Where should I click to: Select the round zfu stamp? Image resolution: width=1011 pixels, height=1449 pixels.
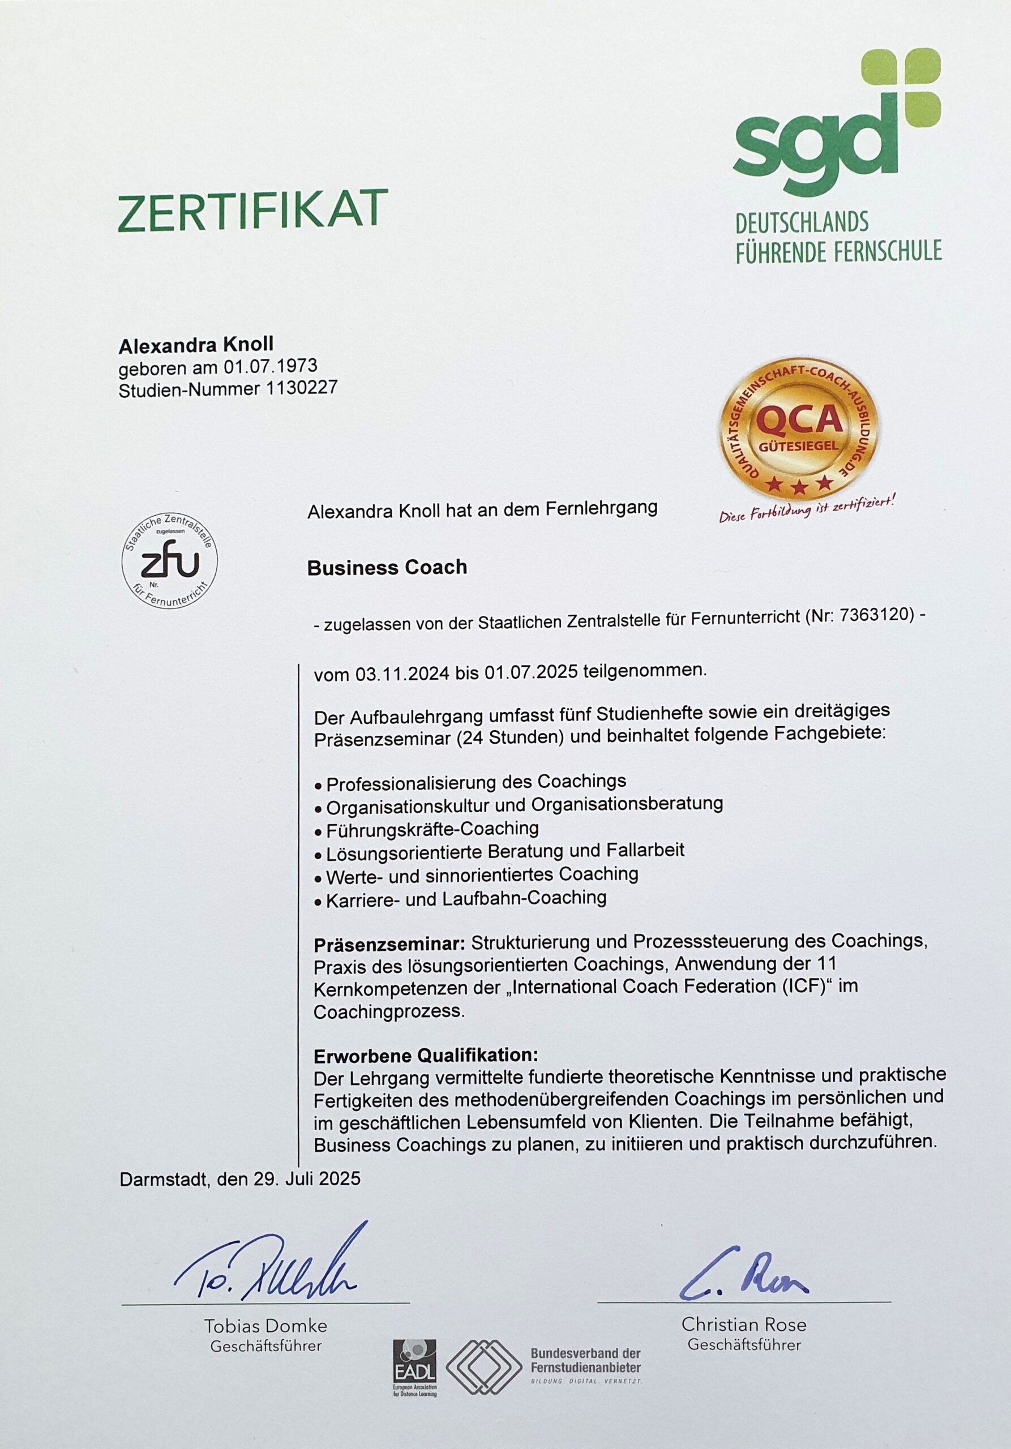tap(170, 560)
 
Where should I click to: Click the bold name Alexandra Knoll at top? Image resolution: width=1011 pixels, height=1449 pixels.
tap(196, 345)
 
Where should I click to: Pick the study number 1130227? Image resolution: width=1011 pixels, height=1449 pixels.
tap(301, 388)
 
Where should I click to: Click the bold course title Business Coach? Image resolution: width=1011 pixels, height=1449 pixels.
tap(387, 567)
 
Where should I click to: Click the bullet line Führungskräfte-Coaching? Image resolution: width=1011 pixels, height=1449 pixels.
tap(432, 828)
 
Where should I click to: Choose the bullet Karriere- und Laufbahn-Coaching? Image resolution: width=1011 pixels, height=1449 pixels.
tap(466, 898)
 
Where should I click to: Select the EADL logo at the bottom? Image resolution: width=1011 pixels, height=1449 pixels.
tap(414, 1367)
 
